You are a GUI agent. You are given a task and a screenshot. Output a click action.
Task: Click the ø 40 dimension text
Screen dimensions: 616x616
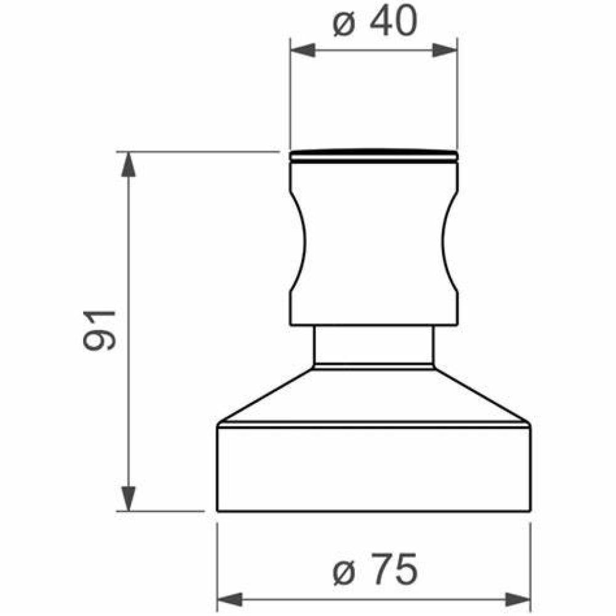[x=374, y=23]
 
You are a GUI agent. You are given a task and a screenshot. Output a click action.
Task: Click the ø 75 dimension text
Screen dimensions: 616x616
[x=374, y=570]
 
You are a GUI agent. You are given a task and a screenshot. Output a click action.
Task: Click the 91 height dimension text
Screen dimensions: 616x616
[x=100, y=331]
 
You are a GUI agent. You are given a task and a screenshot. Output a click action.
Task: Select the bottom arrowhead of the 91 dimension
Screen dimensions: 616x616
[x=128, y=498]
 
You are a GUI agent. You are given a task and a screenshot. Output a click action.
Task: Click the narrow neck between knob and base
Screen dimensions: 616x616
[x=374, y=345]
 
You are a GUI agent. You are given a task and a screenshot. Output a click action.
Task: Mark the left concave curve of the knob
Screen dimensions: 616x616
[x=300, y=243]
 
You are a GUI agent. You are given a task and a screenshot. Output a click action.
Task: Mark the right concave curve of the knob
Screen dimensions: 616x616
[x=447, y=243]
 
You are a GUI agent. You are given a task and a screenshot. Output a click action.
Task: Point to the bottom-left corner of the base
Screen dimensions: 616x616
[x=218, y=511]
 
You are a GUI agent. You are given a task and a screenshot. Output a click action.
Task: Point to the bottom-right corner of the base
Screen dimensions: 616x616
[x=530, y=511]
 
